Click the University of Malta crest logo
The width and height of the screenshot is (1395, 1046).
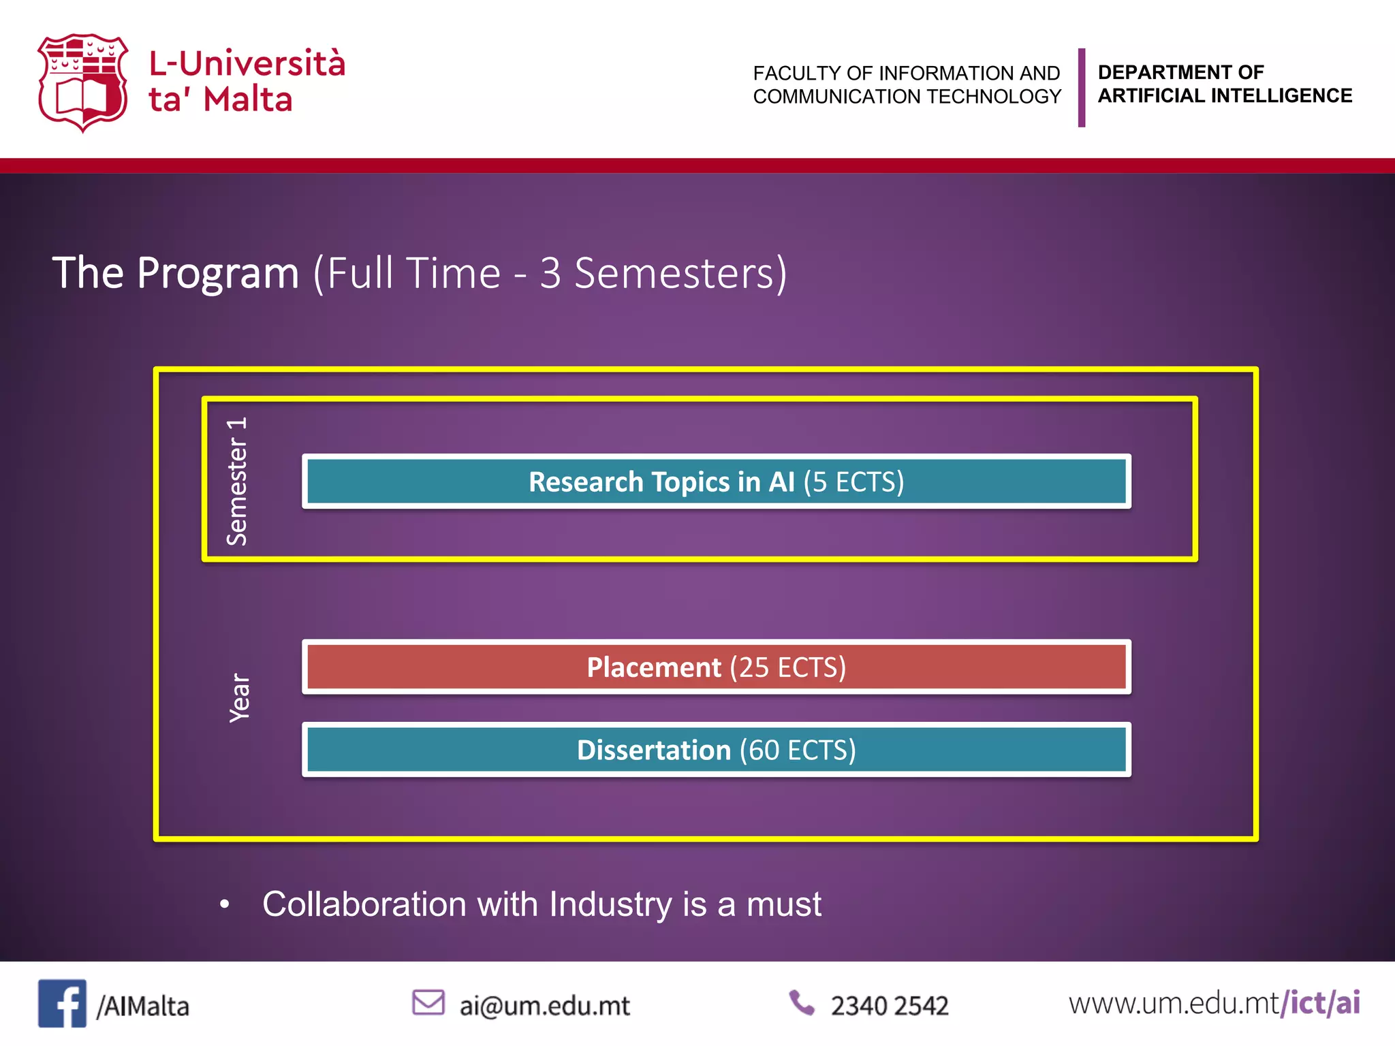point(82,82)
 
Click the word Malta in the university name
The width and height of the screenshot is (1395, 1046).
point(248,100)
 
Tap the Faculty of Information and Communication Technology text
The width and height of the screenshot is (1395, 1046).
point(907,84)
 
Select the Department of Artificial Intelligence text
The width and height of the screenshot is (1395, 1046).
point(1224,84)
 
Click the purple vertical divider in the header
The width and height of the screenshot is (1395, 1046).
point(1082,87)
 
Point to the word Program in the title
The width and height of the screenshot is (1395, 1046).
point(218,274)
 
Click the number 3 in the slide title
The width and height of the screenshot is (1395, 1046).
point(550,274)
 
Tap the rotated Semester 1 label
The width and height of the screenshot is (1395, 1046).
point(237,481)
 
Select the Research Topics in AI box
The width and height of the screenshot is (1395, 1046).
point(716,481)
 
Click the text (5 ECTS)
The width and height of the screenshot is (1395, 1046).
point(853,482)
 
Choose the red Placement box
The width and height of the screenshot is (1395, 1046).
point(716,667)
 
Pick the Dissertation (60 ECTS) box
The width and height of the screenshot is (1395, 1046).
point(716,750)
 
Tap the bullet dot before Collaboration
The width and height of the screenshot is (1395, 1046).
point(225,904)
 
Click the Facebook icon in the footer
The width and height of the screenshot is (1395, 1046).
point(62,1003)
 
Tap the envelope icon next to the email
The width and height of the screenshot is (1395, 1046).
point(428,1002)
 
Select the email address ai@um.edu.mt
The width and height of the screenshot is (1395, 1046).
point(544,1006)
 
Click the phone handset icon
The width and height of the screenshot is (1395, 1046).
point(802,1002)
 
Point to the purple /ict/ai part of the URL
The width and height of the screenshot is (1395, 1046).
point(1320,1003)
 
